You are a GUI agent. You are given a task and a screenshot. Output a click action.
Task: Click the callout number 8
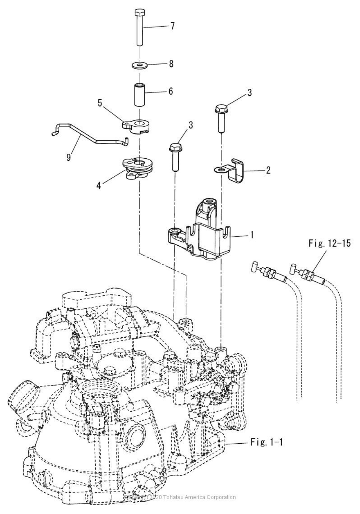(x=171, y=64)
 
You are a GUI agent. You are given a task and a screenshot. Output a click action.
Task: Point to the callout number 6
(x=170, y=91)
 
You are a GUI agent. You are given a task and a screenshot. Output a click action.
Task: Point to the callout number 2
(x=268, y=170)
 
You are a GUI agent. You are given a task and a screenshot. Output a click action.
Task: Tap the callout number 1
(x=252, y=235)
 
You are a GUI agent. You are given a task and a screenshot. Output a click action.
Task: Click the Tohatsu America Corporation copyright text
(x=180, y=497)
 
